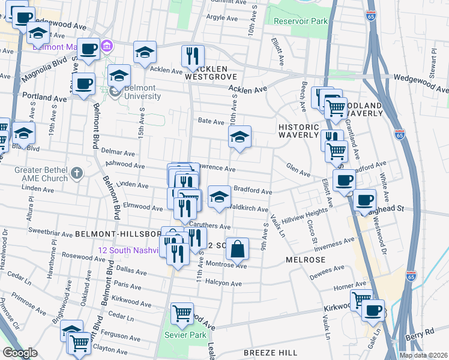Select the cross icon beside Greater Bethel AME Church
click(x=76, y=174)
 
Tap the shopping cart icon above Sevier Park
click(x=182, y=313)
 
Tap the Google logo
click(x=20, y=353)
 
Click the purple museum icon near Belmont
click(x=107, y=46)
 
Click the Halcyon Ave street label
click(x=226, y=282)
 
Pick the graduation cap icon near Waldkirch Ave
click(x=219, y=196)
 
